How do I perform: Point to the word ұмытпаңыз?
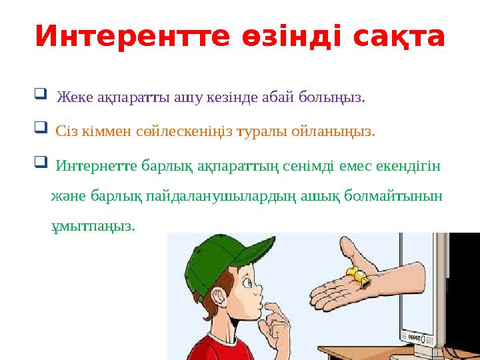click(x=93, y=226)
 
